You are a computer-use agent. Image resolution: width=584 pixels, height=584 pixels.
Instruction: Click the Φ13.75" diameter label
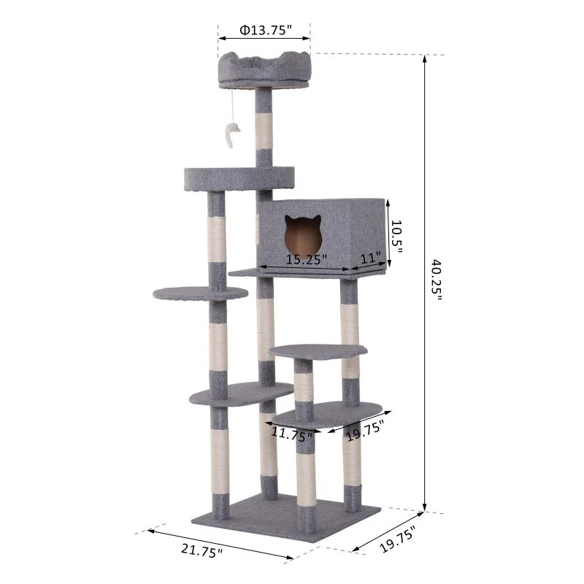click(x=265, y=30)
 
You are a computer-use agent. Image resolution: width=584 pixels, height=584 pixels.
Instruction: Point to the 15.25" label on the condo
click(x=306, y=259)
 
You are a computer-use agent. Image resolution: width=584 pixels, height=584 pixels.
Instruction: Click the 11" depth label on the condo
click(x=372, y=258)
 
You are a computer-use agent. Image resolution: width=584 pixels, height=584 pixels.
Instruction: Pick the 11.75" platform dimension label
click(x=291, y=433)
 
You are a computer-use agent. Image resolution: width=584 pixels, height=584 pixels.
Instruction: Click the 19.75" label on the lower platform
click(x=366, y=430)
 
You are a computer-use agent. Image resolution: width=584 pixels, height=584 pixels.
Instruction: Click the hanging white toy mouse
click(x=231, y=137)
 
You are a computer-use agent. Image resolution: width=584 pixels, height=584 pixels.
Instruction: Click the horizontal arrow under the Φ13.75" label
click(x=264, y=40)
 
